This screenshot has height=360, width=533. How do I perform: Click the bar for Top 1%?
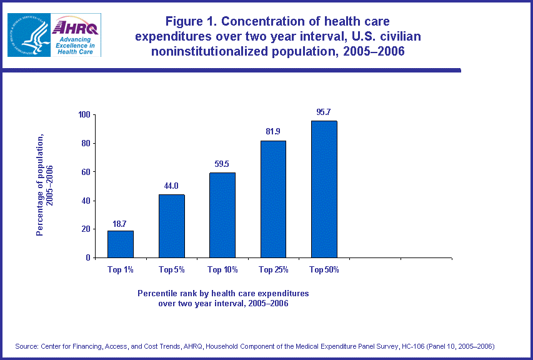coord(121,244)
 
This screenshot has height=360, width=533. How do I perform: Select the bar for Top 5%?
coord(172,226)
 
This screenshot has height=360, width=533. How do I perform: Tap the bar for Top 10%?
coord(222,215)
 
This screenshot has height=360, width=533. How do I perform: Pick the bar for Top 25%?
coord(273,199)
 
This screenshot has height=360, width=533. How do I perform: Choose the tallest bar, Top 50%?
coord(324,189)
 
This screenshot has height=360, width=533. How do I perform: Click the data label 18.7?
coord(121,224)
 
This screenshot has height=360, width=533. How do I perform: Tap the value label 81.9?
coord(273,133)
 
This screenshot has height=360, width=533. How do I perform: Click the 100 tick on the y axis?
coord(84,115)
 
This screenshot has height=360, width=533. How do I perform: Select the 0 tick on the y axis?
coord(88,257)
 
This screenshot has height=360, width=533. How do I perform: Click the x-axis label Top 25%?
coord(273,270)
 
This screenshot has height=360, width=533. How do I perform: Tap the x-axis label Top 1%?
coord(121,270)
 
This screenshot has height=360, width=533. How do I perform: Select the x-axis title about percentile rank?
coord(223,297)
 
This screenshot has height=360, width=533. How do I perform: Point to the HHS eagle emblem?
coord(27,35)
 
